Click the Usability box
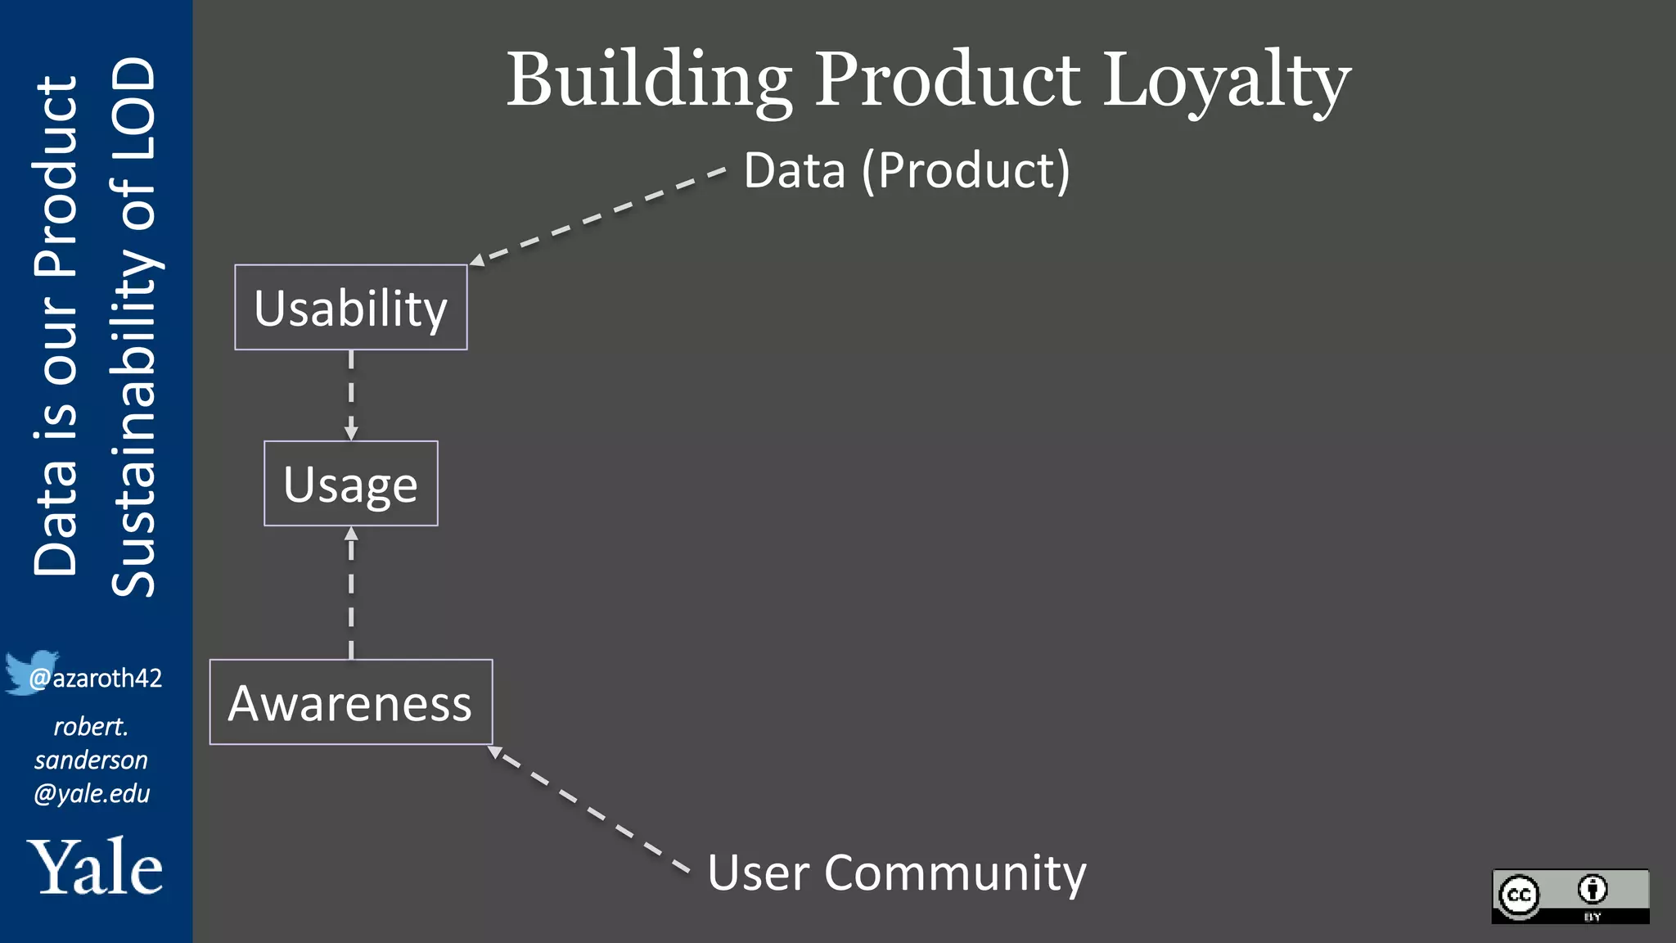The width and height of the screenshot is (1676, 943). coord(351,308)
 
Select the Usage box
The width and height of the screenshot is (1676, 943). coord(351,484)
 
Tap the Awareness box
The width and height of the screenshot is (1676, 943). coord(351,702)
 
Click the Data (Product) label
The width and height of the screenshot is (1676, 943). coord(907,170)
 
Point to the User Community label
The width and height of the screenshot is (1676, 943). coord(897,873)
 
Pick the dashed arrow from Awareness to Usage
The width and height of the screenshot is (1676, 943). coord(351,593)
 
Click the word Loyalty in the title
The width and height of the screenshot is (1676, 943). coord(1227,80)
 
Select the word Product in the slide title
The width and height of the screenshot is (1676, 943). coord(948,80)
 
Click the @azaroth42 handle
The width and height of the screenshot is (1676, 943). coord(96,679)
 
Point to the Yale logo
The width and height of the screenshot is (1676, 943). coord(96,867)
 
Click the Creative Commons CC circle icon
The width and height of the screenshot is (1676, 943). coord(1520,895)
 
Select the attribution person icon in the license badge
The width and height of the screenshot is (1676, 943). coord(1593,889)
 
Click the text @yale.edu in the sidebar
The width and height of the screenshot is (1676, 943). coord(92,794)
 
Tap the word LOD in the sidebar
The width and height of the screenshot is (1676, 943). coord(133,96)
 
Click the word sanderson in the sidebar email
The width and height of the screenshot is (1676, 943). coord(91,760)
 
